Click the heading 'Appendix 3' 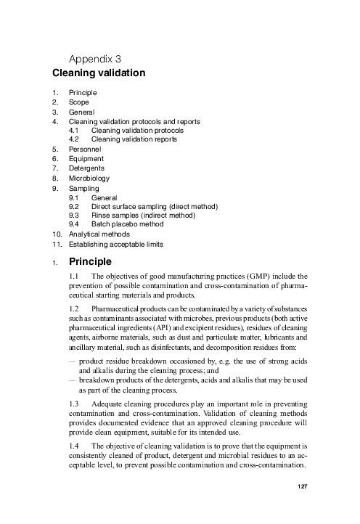click(x=94, y=57)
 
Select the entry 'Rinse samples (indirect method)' click(x=147, y=216)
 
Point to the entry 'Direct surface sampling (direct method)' click(x=155, y=206)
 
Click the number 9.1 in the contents click(x=74, y=197)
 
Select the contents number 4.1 click(x=74, y=130)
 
